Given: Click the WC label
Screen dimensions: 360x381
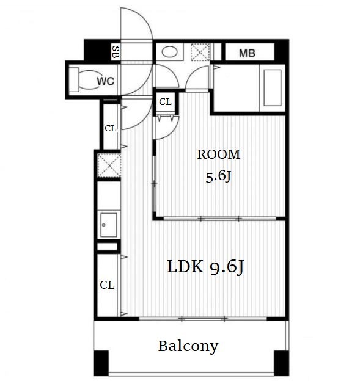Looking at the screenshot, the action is (x=106, y=81).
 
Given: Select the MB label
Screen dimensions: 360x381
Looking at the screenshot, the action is (x=247, y=53).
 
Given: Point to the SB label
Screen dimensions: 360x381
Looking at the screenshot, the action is (x=116, y=52).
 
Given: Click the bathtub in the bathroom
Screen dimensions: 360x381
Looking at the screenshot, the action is (x=273, y=88).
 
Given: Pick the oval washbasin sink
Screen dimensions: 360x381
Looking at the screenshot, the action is (x=169, y=52).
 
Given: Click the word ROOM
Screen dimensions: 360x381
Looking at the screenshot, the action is (x=218, y=154).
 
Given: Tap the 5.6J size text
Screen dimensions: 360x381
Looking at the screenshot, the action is (x=218, y=176).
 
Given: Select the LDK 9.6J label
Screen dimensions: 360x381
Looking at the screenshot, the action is (x=205, y=267).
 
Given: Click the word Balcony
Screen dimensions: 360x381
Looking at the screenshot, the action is (x=188, y=346).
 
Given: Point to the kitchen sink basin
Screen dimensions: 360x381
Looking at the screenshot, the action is (x=108, y=225).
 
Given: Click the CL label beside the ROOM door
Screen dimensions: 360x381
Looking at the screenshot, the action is (x=165, y=102).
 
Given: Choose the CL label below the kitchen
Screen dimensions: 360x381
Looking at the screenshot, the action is (x=107, y=285).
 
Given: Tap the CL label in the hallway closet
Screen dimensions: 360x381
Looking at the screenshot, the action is (x=111, y=128).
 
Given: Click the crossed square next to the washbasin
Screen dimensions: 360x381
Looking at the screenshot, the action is (x=200, y=52).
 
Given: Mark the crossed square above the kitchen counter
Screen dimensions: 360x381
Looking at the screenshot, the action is (x=109, y=165).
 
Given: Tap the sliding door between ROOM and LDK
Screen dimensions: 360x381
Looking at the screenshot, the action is (x=220, y=219).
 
